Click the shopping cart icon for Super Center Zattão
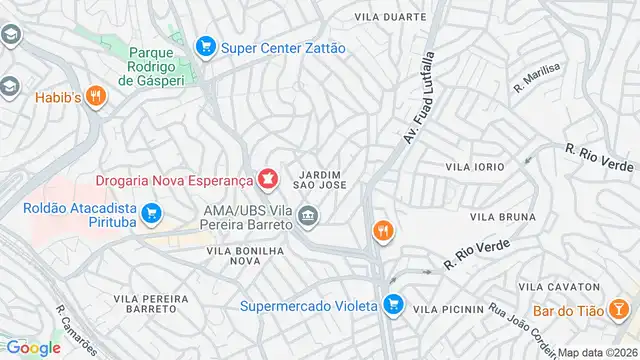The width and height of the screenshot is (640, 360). click(x=206, y=46)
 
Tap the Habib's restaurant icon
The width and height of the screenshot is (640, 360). click(x=96, y=96)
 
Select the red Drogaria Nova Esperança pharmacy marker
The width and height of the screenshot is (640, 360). click(x=267, y=180)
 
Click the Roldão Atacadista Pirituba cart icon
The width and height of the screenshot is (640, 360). click(x=152, y=212)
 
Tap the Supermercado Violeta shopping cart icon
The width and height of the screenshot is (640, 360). click(x=394, y=303)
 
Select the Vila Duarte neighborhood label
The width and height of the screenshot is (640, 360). click(x=391, y=17)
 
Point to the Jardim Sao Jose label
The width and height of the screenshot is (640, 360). click(x=320, y=177)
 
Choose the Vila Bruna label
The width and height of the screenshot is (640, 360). click(x=497, y=216)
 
